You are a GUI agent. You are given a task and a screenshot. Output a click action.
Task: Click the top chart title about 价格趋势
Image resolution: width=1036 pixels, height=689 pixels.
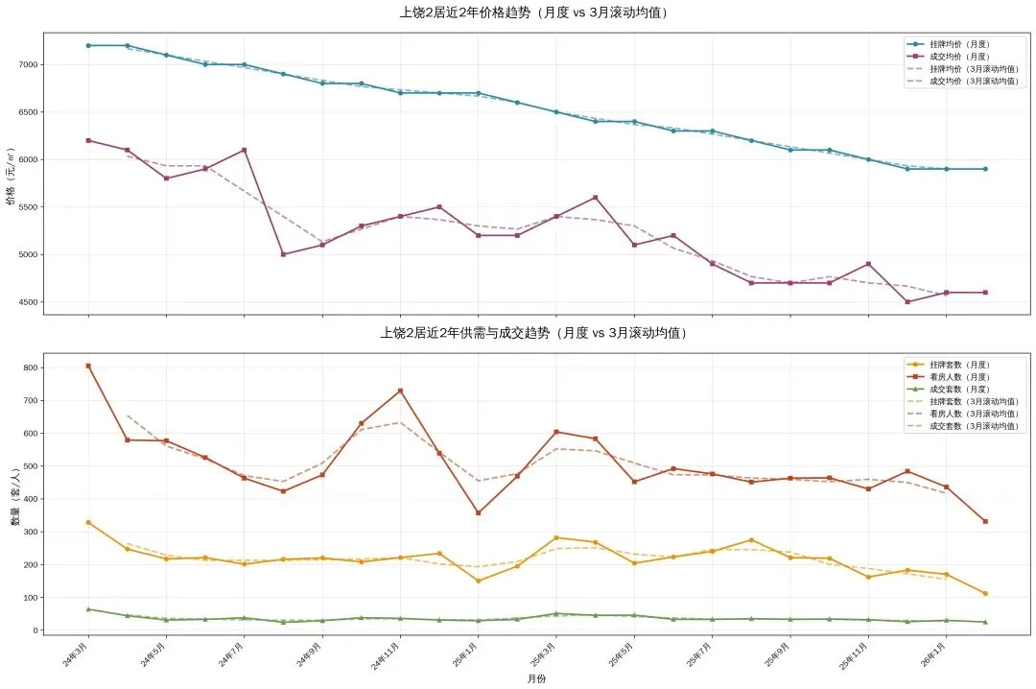pyautogui.click(x=533, y=13)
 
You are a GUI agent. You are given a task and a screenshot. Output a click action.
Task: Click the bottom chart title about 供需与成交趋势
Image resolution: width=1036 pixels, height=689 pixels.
pyautogui.click(x=533, y=333)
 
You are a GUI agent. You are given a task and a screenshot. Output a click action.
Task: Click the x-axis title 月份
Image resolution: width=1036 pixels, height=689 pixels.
pyautogui.click(x=536, y=678)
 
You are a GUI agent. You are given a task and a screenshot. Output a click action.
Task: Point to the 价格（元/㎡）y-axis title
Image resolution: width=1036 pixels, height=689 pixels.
pyautogui.click(x=11, y=177)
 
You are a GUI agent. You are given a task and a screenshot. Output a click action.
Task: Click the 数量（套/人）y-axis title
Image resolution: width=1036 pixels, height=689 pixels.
pyautogui.click(x=14, y=498)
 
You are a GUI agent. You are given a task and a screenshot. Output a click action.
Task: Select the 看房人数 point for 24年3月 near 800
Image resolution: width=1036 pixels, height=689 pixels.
pyautogui.click(x=88, y=366)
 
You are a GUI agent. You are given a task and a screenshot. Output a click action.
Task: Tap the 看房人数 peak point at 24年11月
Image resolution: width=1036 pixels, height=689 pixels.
pyautogui.click(x=400, y=391)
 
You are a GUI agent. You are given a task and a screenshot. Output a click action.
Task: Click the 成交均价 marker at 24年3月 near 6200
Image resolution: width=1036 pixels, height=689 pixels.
pyautogui.click(x=88, y=140)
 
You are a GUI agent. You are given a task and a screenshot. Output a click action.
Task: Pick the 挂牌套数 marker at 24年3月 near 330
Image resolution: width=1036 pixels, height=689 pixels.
pyautogui.click(x=88, y=522)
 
